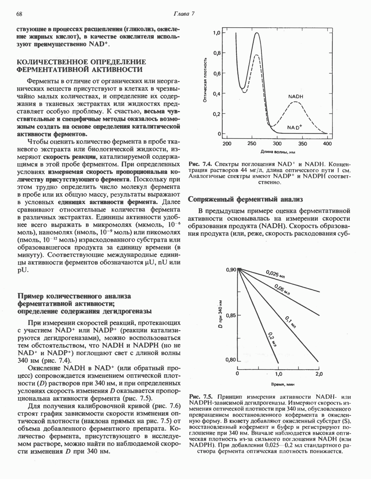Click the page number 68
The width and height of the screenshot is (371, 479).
pyautogui.click(x=20, y=14)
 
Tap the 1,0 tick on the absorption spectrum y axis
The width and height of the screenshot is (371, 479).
pyautogui.click(x=217, y=33)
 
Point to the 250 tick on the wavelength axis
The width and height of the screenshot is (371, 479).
pyautogui.click(x=252, y=143)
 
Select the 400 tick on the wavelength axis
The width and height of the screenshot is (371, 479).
pyautogui.click(x=327, y=143)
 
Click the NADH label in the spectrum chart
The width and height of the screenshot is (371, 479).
pyautogui.click(x=295, y=97)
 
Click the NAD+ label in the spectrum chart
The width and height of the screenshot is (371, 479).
pyautogui.click(x=295, y=127)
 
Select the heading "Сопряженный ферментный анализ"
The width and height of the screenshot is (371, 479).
pyautogui.click(x=245, y=199)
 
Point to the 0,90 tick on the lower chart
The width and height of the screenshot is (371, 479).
pyautogui.click(x=231, y=270)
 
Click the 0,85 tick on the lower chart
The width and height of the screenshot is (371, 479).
pyautogui.click(x=231, y=315)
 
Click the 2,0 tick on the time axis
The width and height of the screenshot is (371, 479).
pyautogui.click(x=319, y=374)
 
